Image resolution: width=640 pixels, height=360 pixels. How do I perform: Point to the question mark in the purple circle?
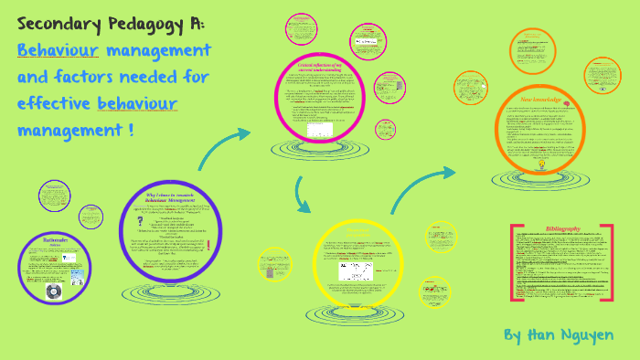point(138,222)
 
